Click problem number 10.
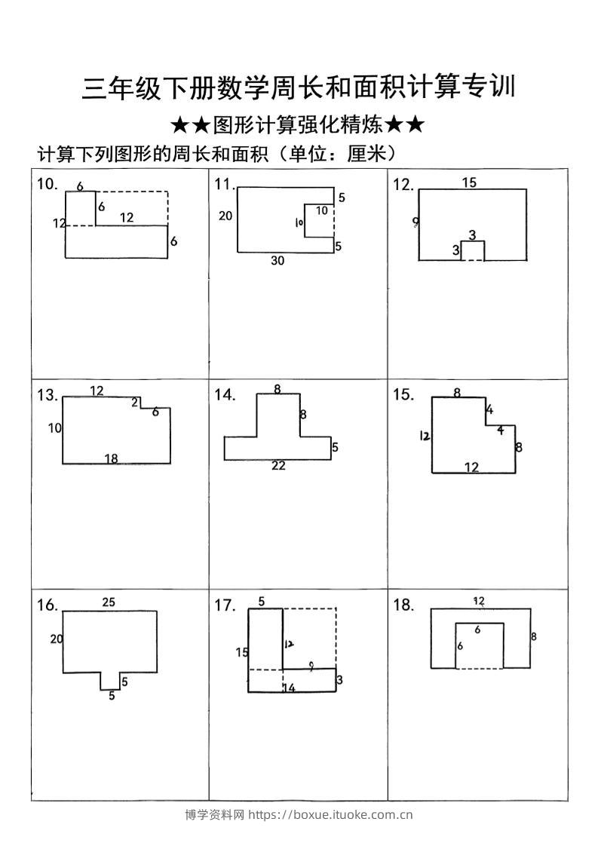pos(47,184)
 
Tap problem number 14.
pos(225,395)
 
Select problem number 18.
pos(403,605)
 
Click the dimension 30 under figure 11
pos(278,261)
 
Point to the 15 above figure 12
pos(469,182)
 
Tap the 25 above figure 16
pos(109,602)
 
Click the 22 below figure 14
pos(278,466)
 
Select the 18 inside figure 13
pos(111,458)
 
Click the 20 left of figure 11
pos(225,216)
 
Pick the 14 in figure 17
pos(289,688)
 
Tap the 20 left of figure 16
pos(57,639)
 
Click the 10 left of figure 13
pos(54,428)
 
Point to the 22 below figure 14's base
pos(278,466)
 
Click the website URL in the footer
pos(330,814)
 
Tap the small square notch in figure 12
pos(473,251)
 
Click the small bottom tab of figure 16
pos(110,681)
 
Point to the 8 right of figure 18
pos(534,636)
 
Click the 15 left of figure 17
pos(241,652)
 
